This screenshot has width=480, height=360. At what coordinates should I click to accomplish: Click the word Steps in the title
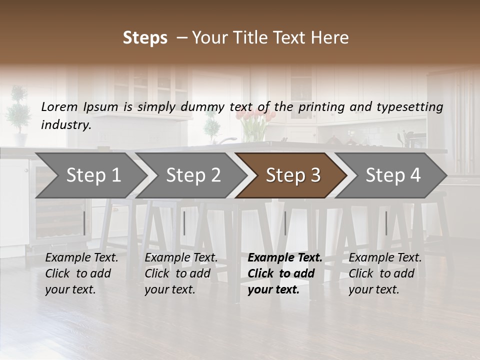click(x=145, y=38)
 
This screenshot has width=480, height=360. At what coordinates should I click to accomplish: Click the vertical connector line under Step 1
click(x=84, y=223)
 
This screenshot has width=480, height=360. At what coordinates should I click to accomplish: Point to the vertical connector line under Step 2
click(x=184, y=223)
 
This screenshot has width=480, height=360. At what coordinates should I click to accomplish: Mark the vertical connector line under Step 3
click(x=285, y=223)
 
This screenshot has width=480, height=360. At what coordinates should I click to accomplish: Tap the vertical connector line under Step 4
click(x=386, y=223)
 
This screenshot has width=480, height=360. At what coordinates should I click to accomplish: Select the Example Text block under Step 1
click(x=81, y=273)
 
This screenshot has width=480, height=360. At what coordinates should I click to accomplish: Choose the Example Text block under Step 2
click(x=181, y=273)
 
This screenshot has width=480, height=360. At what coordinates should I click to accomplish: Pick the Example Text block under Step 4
click(x=385, y=273)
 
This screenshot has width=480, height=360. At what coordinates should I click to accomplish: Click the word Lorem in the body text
click(x=59, y=106)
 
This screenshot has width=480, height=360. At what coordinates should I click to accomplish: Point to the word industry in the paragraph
click(x=66, y=125)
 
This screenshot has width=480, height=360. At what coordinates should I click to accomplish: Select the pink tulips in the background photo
click(x=255, y=117)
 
